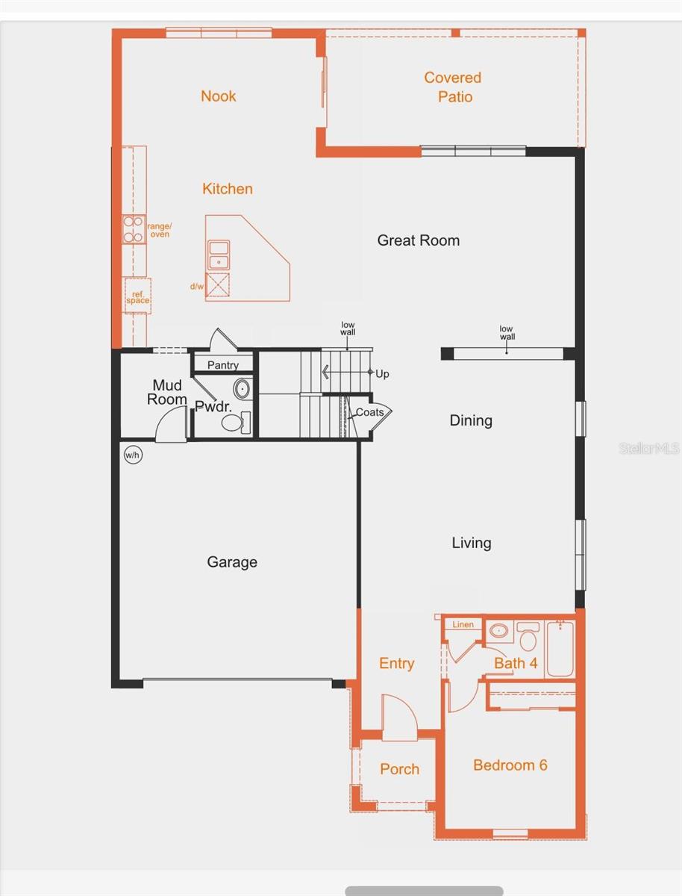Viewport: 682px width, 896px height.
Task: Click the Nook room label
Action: [218, 96]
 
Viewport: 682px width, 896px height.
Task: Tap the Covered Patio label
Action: [453, 87]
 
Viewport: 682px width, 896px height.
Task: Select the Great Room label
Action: [418, 240]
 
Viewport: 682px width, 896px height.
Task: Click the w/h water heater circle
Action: [133, 455]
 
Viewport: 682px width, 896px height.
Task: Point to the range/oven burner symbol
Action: [134, 229]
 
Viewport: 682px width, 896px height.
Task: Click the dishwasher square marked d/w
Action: [217, 285]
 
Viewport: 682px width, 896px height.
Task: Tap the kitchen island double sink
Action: [219, 255]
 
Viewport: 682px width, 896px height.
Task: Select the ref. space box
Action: [137, 296]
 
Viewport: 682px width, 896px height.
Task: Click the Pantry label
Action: [222, 365]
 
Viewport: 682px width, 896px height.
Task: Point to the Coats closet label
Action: [369, 412]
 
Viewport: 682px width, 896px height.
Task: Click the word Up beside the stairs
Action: [382, 374]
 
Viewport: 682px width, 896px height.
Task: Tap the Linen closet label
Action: [463, 624]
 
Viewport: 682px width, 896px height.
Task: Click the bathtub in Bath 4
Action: [560, 649]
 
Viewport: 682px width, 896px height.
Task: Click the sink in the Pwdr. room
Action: [243, 389]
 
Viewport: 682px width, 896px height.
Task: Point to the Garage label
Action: [232, 562]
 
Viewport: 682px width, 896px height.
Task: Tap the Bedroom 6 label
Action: [510, 765]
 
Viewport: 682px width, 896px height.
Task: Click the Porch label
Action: [399, 769]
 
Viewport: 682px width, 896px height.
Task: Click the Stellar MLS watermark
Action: [649, 448]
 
